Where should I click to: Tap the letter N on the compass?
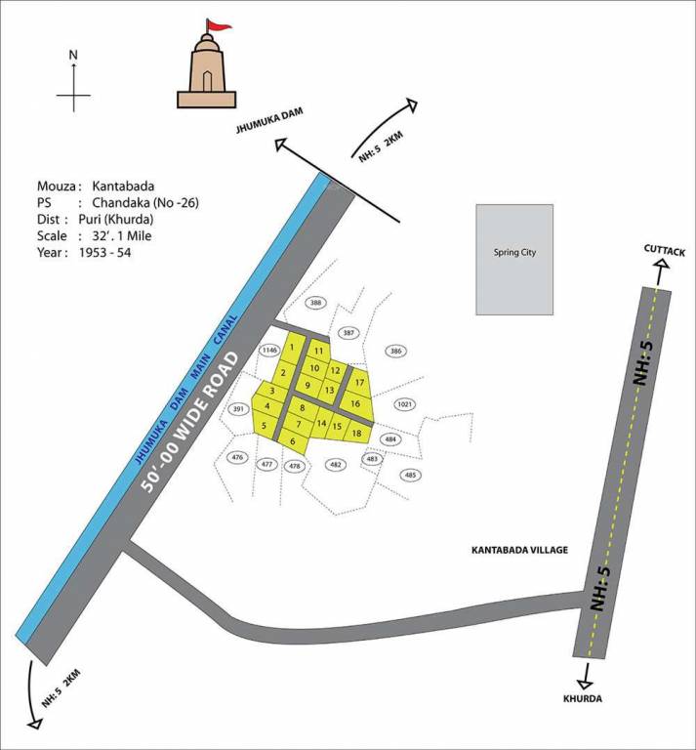point(73,57)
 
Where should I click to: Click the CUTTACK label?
point(665,251)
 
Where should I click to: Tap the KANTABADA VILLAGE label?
point(518,551)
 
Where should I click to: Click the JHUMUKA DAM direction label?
point(266,121)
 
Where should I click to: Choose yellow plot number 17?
point(359,382)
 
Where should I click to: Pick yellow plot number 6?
point(292,441)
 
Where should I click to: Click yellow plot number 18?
point(357,433)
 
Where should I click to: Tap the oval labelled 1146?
point(269,350)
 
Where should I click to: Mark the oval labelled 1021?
point(406,404)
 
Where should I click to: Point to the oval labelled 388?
point(315,304)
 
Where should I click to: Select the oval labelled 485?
point(410,475)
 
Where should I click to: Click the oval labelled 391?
point(237,409)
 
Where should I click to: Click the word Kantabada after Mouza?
point(123,186)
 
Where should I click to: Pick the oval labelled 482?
point(335,465)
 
